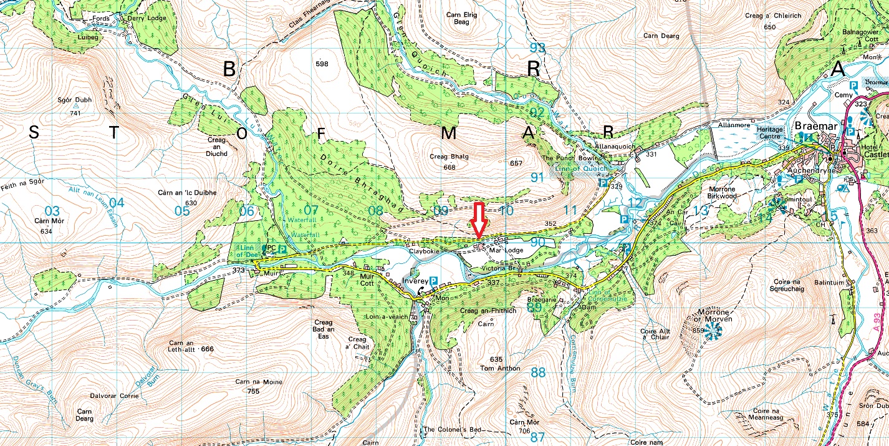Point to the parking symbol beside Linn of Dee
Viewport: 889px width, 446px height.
282,249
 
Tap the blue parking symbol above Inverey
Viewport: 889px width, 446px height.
434,281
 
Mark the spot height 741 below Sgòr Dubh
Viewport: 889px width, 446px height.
75,113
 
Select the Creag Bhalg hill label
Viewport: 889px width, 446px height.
448,157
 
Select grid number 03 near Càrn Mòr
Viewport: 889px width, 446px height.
52,210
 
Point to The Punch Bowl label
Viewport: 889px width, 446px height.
564,158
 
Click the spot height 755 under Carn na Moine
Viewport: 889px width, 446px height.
253,391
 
